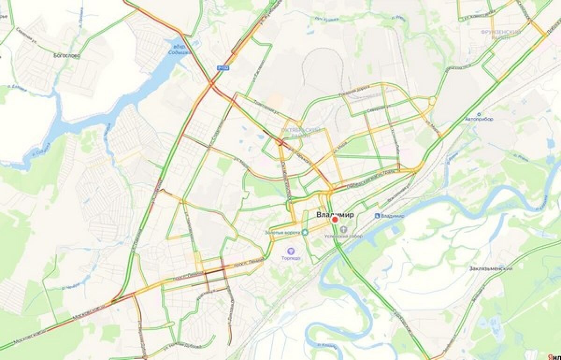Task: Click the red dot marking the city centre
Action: pos(335,220)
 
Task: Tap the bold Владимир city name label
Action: pos(335,215)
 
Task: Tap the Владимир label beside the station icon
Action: pos(392,216)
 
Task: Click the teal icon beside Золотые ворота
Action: pos(305,232)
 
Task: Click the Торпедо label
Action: pos(291,259)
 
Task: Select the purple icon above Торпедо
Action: pos(291,252)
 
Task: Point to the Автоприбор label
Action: pos(479,119)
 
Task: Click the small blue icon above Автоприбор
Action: pos(479,114)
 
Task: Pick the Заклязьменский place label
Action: pos(491,269)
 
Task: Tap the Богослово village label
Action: pos(67,56)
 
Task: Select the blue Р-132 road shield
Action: pos(223,68)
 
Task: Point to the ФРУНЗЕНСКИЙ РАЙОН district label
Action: pos(501,34)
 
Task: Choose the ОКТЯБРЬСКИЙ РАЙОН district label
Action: pos(302,132)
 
